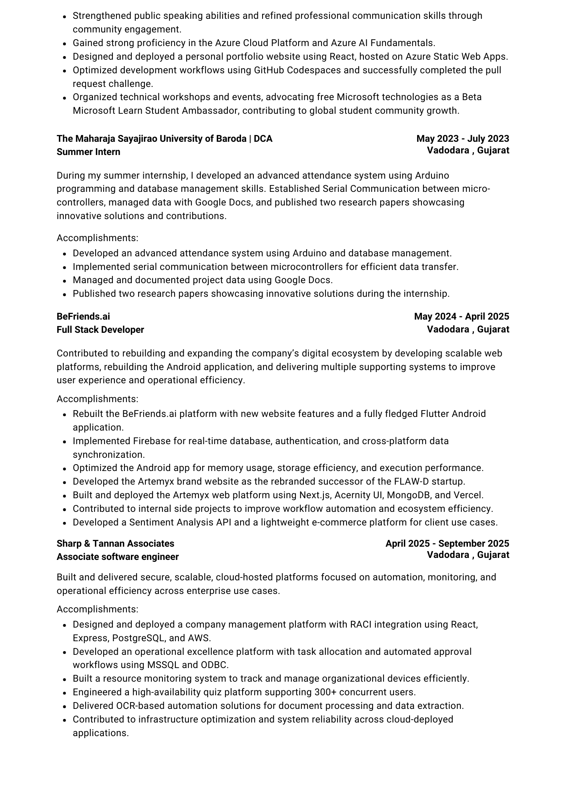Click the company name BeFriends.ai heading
(x=83, y=316)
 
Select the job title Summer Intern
(x=88, y=152)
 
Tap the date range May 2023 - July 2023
(x=462, y=139)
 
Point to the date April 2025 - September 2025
(x=447, y=543)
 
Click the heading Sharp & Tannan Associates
(x=115, y=543)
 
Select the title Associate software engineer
(x=118, y=557)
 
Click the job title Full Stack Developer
(x=100, y=330)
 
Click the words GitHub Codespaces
(x=297, y=70)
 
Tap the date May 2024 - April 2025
(x=461, y=316)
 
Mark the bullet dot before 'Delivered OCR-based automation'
(x=64, y=706)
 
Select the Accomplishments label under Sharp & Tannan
(x=97, y=609)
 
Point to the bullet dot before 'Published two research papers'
(x=64, y=294)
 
